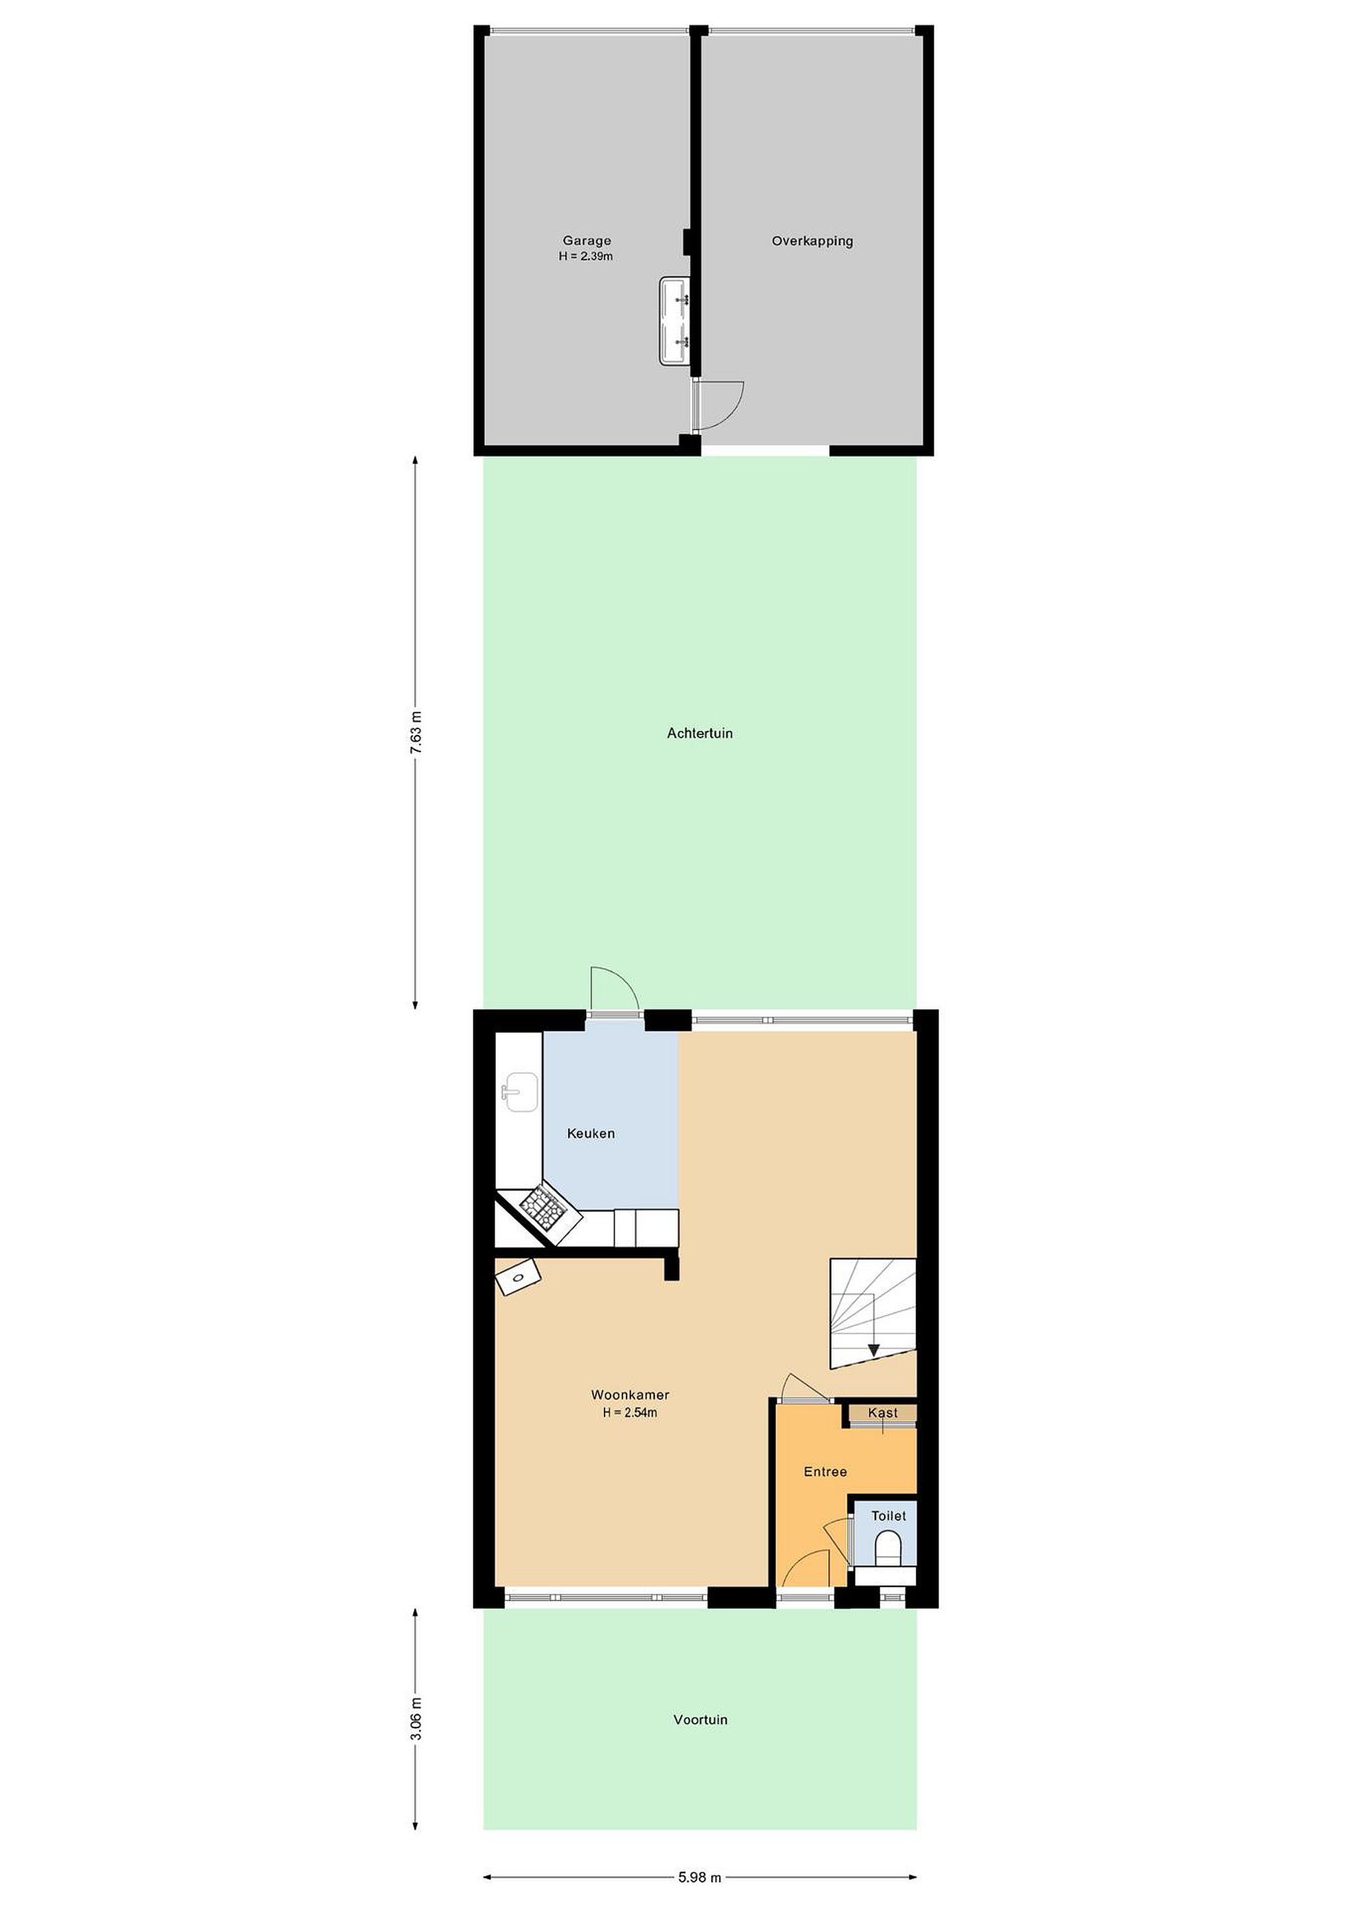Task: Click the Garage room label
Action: (587, 241)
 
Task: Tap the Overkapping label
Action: (813, 241)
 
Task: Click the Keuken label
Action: (591, 1133)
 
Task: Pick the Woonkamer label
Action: (630, 1394)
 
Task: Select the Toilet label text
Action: (888, 1515)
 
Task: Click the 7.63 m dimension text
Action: (415, 732)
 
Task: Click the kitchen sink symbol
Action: (520, 1091)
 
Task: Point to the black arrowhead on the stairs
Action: (873, 1351)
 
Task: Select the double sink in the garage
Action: (674, 320)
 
